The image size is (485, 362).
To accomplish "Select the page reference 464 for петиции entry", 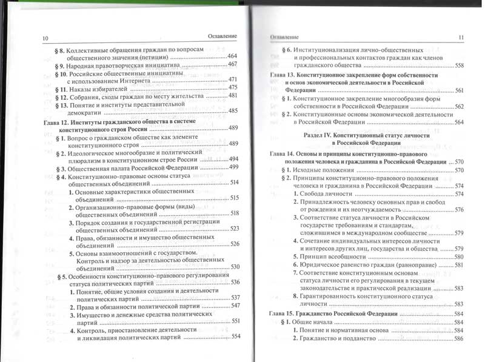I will [x=232, y=56].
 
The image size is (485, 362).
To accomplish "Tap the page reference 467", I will [x=233, y=64].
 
